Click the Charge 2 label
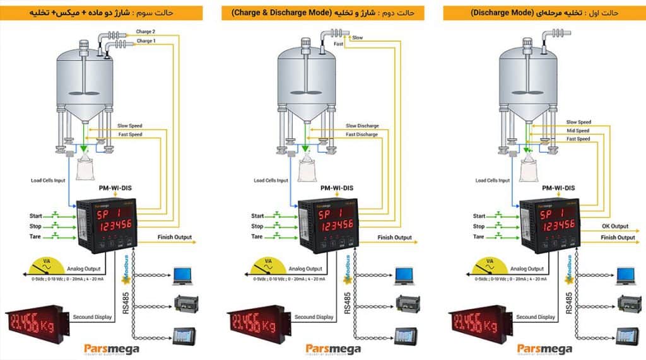[x=145, y=31]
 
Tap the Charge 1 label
[x=145, y=41]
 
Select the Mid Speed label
[x=578, y=131]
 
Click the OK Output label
[x=614, y=226]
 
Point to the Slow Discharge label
[x=362, y=126]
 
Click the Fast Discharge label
[x=361, y=135]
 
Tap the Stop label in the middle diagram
[x=257, y=226]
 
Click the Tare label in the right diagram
[x=478, y=237]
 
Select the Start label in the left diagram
[x=35, y=216]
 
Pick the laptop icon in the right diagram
[x=625, y=274]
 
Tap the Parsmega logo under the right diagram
[x=544, y=349]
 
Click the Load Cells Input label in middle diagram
[x=271, y=181]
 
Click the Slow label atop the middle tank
[x=357, y=38]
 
